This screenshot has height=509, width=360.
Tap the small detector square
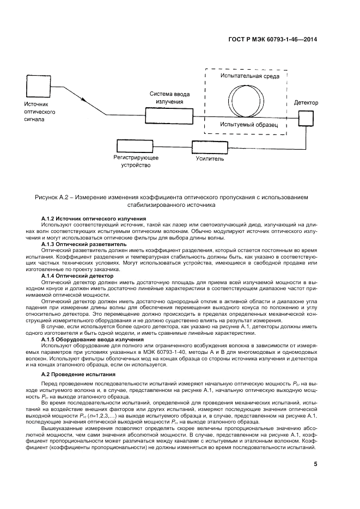(306, 115)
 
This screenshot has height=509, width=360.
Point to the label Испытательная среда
(250, 77)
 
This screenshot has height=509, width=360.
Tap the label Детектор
(306, 103)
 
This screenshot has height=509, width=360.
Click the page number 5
(315, 464)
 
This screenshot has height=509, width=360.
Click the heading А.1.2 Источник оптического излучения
(94, 218)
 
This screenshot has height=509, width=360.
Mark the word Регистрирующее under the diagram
(136, 157)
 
